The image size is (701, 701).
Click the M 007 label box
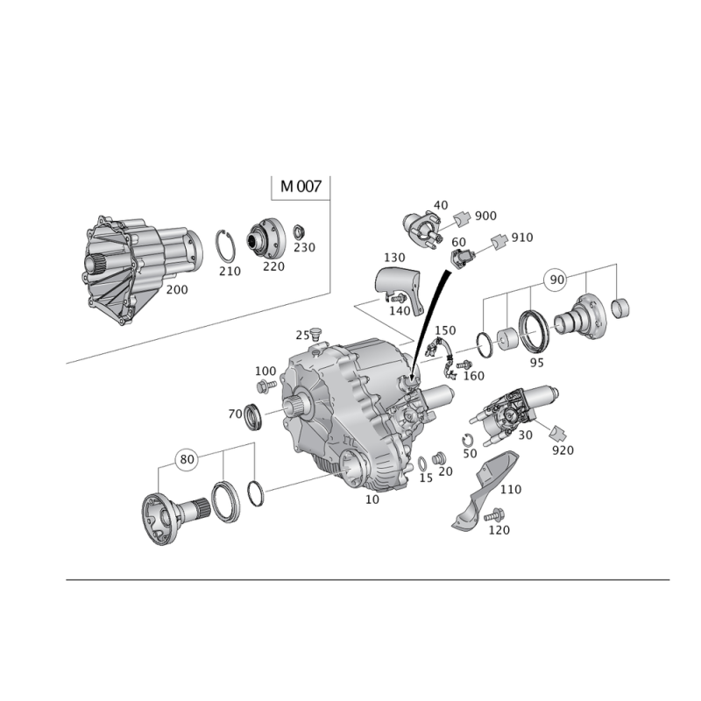[301, 187]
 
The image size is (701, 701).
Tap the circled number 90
[556, 280]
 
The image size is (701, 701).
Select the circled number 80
[187, 459]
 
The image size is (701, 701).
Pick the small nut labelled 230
[298, 232]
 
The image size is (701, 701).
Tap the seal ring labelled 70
[253, 416]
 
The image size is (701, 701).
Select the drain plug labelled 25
[316, 334]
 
